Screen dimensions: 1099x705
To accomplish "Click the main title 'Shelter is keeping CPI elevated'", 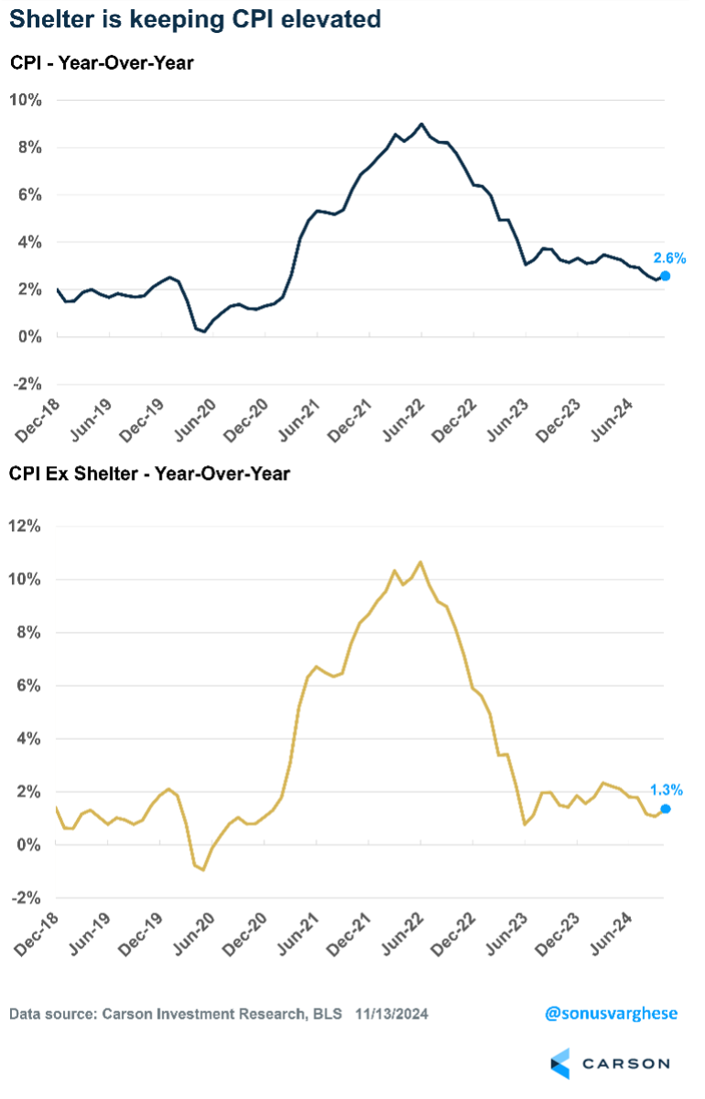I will [196, 19].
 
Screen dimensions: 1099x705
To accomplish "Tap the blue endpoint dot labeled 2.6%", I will [665, 276].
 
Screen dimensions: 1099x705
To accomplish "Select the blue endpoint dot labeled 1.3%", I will [666, 809].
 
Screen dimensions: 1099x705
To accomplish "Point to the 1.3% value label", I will [666, 789].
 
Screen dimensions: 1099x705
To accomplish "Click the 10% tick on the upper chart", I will [25, 99].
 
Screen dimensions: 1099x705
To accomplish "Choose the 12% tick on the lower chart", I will [25, 527].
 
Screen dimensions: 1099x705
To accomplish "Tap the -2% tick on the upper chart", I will [25, 384].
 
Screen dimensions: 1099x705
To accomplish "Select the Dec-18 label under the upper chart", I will [37, 414].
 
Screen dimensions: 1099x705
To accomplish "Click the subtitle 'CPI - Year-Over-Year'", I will [103, 63].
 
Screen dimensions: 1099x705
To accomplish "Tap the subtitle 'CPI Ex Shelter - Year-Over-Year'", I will [149, 473].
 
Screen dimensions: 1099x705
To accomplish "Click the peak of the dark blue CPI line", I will [421, 124].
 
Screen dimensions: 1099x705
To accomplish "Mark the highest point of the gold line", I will [420, 561].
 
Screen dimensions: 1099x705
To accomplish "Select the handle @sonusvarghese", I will [609, 1014].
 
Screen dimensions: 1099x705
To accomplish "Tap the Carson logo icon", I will [559, 1064].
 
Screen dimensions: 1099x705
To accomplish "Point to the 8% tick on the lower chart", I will [27, 633].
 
